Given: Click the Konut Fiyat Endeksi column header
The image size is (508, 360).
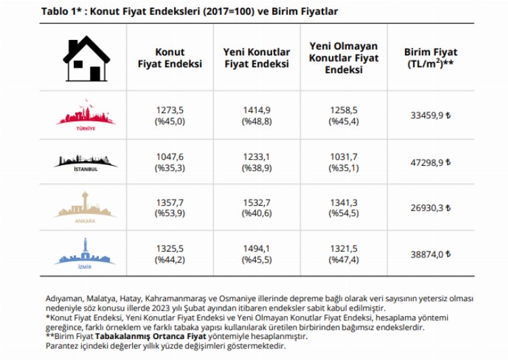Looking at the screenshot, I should [x=170, y=58].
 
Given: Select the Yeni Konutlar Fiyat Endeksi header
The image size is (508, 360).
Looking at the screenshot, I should [x=256, y=58].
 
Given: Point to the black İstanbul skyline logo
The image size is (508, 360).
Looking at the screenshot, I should [x=85, y=161].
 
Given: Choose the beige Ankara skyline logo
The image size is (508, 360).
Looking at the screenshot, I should [x=85, y=206].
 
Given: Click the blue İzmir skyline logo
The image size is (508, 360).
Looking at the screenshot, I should [x=85, y=252].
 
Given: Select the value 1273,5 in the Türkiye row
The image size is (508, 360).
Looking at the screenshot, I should [x=170, y=110].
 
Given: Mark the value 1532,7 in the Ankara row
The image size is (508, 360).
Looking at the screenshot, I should [x=256, y=202].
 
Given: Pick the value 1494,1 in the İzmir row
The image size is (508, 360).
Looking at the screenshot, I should [x=256, y=248].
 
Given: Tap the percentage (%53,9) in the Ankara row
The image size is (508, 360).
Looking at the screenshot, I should [x=170, y=213].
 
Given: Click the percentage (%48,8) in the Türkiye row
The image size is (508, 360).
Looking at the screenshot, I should [x=256, y=121].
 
